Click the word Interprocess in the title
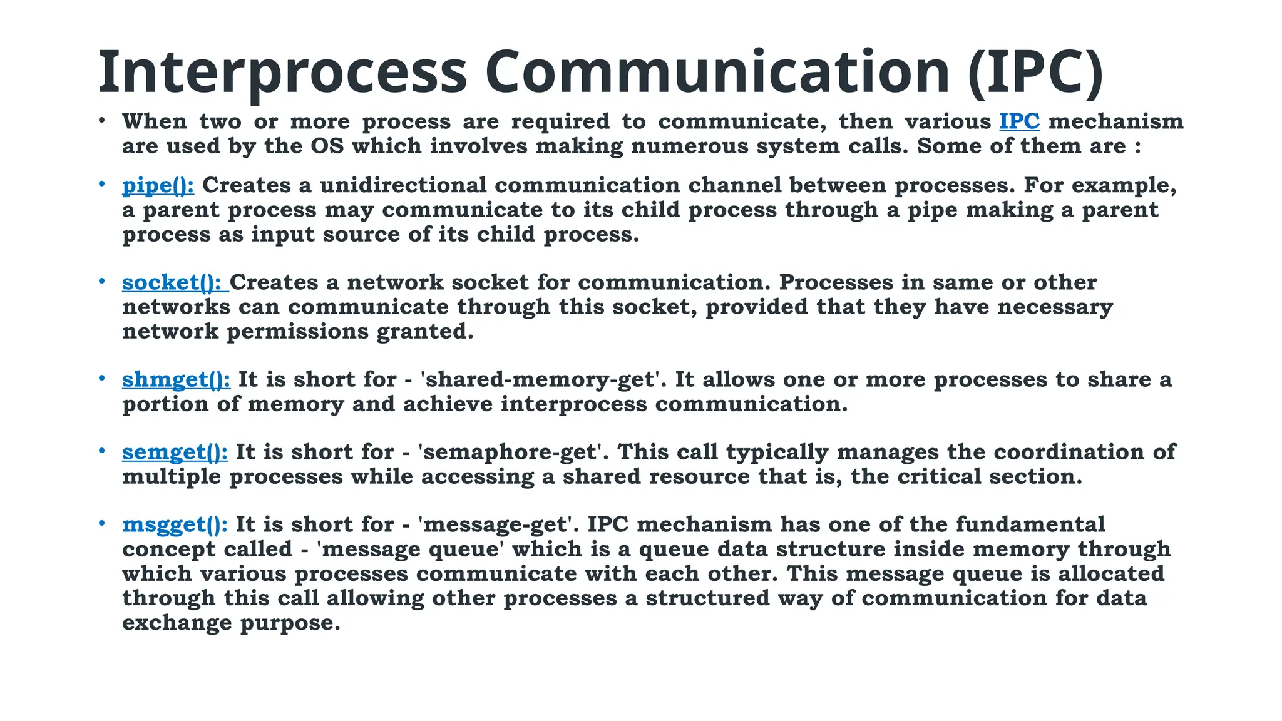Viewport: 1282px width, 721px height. point(282,73)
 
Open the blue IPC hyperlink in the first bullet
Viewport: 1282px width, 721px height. point(1019,121)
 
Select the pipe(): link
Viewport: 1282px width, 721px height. point(158,185)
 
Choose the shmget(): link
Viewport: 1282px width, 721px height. point(176,379)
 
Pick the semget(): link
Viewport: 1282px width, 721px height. point(175,452)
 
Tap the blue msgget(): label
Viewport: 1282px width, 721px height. point(175,524)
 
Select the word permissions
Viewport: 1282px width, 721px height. point(297,331)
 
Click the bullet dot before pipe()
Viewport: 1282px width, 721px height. point(101,184)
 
